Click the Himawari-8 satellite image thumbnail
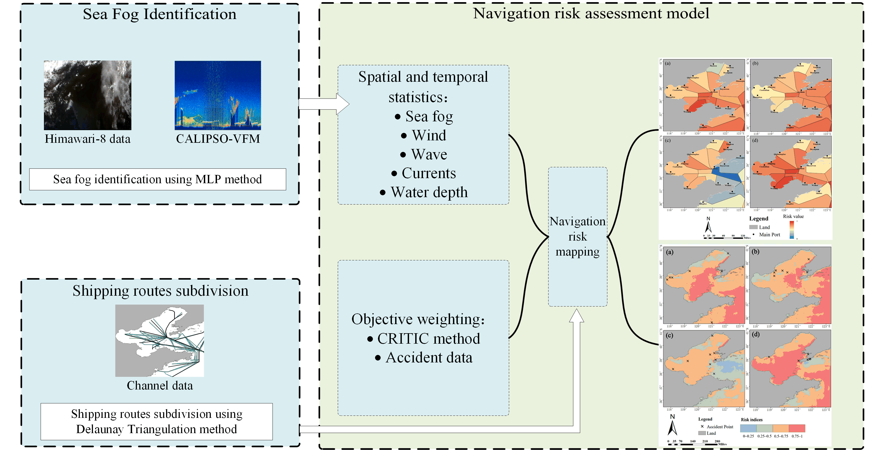(x=88, y=95)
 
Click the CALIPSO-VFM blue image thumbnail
(x=218, y=95)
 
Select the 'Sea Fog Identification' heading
(x=160, y=14)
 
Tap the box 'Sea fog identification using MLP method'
(x=158, y=179)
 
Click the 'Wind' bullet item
(x=429, y=136)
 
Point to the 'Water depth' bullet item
(x=429, y=192)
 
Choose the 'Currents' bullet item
(x=429, y=173)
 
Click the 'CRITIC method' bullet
(x=428, y=339)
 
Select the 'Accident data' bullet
(x=429, y=358)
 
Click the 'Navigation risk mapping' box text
(x=577, y=237)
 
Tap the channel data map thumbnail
(x=160, y=340)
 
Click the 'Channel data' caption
(x=160, y=385)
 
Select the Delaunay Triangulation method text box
(x=156, y=422)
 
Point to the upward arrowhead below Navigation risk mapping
(x=576, y=316)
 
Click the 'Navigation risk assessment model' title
(x=591, y=14)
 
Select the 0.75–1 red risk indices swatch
(x=797, y=428)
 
